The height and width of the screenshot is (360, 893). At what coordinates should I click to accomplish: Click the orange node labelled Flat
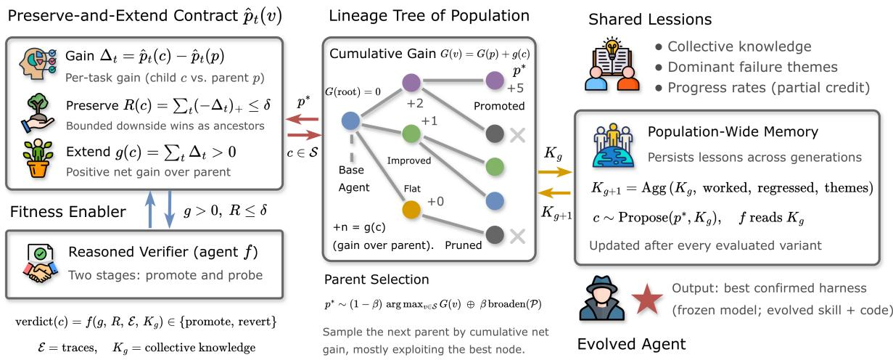click(411, 209)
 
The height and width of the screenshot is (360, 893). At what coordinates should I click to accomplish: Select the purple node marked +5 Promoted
click(495, 81)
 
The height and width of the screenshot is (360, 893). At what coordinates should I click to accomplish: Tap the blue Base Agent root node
click(351, 121)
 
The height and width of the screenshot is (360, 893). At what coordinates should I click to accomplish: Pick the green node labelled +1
click(411, 134)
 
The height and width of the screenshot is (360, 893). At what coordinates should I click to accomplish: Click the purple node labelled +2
click(411, 83)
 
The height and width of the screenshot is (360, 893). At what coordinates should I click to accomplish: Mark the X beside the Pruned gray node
click(517, 237)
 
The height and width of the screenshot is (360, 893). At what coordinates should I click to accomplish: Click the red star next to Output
click(647, 299)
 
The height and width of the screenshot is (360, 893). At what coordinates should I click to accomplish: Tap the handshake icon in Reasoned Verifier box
click(41, 264)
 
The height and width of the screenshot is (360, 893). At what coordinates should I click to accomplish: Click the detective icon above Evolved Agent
click(602, 298)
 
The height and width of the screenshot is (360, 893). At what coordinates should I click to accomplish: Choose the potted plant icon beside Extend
click(38, 158)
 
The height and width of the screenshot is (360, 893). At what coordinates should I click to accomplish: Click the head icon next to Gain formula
click(38, 64)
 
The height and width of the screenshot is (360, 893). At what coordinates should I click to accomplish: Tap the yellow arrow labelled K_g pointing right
click(555, 172)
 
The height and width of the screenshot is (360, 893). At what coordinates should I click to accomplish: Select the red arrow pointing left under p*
click(303, 119)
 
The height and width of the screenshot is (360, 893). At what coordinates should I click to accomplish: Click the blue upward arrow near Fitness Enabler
click(150, 210)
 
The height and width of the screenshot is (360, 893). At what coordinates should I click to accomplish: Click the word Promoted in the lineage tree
click(499, 106)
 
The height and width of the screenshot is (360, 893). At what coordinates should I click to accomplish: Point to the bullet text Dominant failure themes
click(753, 67)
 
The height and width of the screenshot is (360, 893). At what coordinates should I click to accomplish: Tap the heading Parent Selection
click(376, 279)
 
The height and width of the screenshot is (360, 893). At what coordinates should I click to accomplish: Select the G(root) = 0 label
click(353, 91)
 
